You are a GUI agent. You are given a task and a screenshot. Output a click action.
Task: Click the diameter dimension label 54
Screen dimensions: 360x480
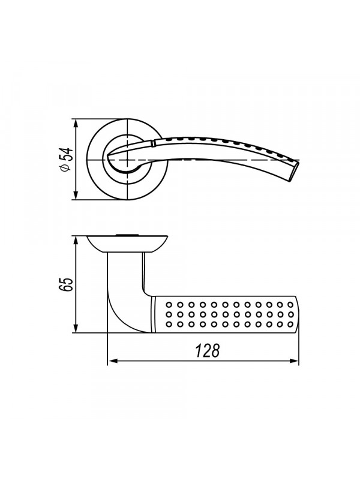point(67,155)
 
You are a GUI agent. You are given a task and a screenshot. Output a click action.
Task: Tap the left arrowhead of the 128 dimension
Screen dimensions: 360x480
point(112,361)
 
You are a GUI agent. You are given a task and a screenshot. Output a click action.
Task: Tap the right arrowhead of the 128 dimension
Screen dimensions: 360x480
point(294,361)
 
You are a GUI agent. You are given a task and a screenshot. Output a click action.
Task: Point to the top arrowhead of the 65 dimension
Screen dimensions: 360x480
point(76,241)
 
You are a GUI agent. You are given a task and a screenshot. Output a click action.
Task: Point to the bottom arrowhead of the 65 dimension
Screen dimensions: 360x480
point(76,328)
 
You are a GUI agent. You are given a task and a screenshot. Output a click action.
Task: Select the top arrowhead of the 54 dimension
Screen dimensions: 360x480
point(76,124)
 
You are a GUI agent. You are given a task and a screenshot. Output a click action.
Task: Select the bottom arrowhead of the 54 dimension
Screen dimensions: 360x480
point(76,196)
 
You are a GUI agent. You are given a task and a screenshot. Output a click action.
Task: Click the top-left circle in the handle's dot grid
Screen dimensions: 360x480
point(169,305)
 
